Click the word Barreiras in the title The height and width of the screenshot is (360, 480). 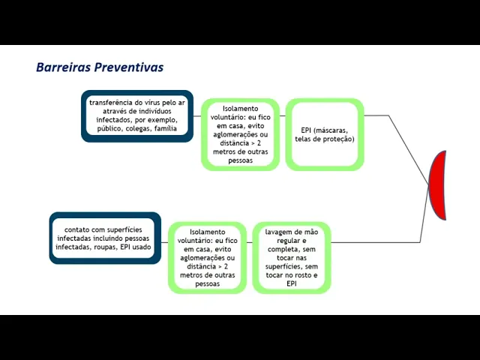(x=63, y=67)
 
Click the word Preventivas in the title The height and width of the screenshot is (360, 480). (x=128, y=67)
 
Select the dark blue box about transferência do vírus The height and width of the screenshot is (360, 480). (x=137, y=116)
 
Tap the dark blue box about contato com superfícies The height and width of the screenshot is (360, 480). (x=106, y=238)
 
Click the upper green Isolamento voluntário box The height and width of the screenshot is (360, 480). (x=240, y=134)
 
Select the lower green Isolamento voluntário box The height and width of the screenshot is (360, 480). (x=207, y=257)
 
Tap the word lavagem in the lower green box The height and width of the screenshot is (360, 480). (x=278, y=232)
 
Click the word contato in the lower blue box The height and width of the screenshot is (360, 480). (x=77, y=229)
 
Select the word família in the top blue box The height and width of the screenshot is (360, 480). (x=166, y=129)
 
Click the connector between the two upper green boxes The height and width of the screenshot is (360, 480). (x=283, y=116)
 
